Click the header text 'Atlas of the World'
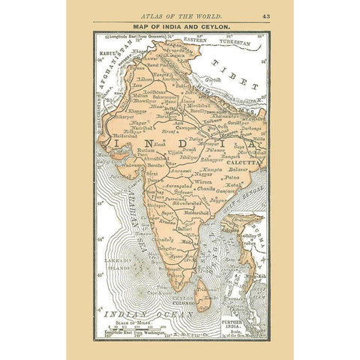coord(179,16)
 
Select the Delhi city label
coord(172,108)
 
